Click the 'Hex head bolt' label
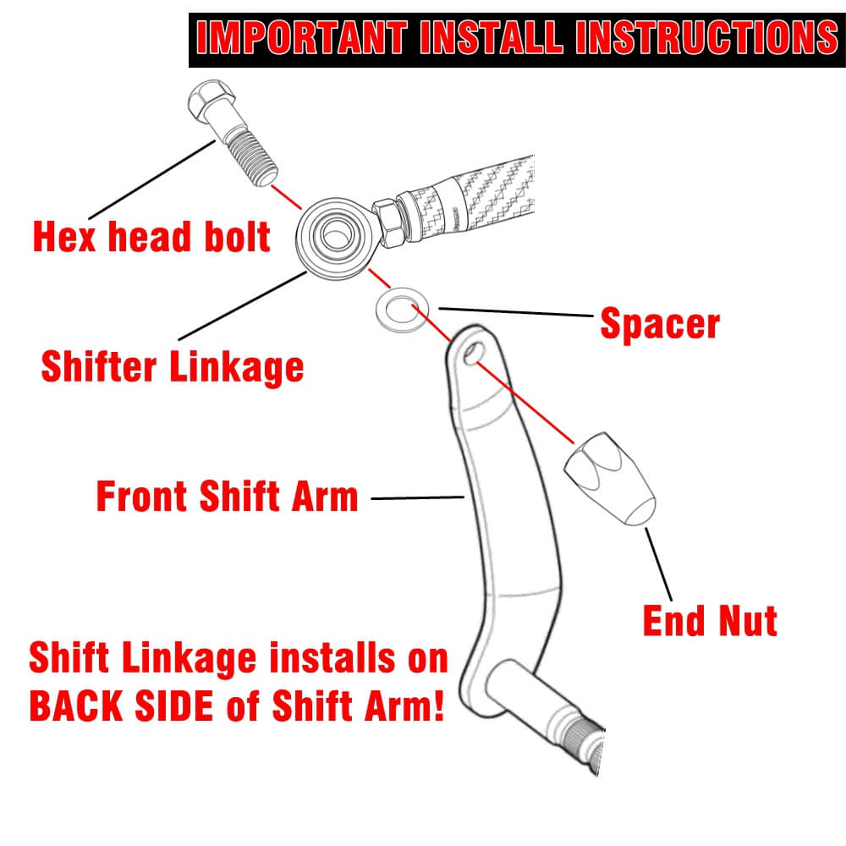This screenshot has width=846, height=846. coord(151,237)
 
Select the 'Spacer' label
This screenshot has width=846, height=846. coord(660,324)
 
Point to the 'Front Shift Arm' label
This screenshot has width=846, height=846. coord(228,497)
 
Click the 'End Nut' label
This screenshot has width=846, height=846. coord(710,622)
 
